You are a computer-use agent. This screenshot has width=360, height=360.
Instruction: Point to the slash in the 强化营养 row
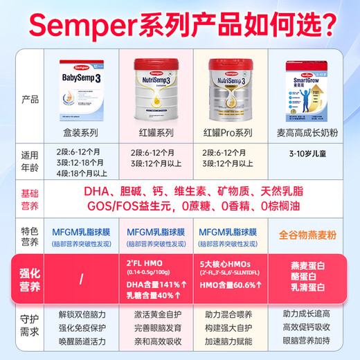(x=82, y=279)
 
